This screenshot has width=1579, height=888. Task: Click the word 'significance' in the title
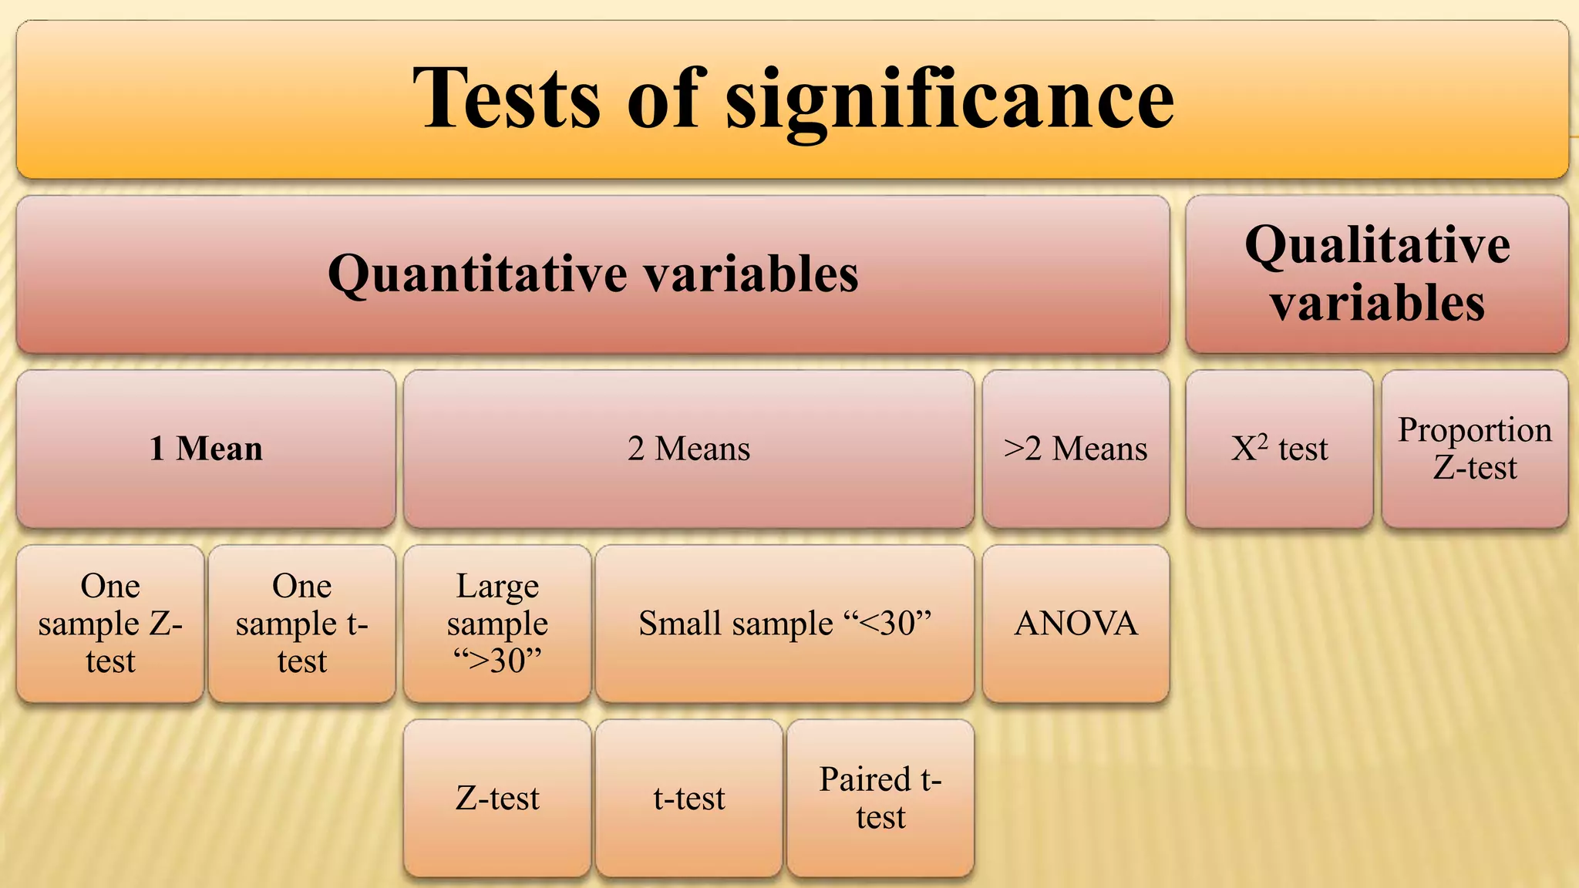[950, 100]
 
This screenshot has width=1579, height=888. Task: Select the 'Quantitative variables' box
[593, 274]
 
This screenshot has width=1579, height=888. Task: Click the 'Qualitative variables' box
[1377, 274]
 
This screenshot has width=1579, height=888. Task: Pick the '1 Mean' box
[206, 449]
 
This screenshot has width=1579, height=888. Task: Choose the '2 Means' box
[688, 449]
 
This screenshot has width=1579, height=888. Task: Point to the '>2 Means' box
[1076, 449]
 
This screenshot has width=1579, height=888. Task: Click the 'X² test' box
[1279, 449]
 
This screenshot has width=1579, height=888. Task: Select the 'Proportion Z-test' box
[1475, 449]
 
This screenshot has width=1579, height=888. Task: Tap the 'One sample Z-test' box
[110, 624]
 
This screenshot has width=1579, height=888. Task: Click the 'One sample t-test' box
[301, 624]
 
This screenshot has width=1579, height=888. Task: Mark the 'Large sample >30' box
[497, 624]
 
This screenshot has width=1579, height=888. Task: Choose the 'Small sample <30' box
[785, 624]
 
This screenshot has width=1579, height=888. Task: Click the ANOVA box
[1076, 624]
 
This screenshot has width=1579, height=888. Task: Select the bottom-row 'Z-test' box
[497, 799]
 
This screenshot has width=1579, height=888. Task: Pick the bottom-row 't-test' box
[688, 799]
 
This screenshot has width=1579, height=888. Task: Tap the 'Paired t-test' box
[880, 799]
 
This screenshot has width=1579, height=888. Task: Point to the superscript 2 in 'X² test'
[1262, 439]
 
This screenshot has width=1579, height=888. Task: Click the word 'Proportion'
[1475, 430]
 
